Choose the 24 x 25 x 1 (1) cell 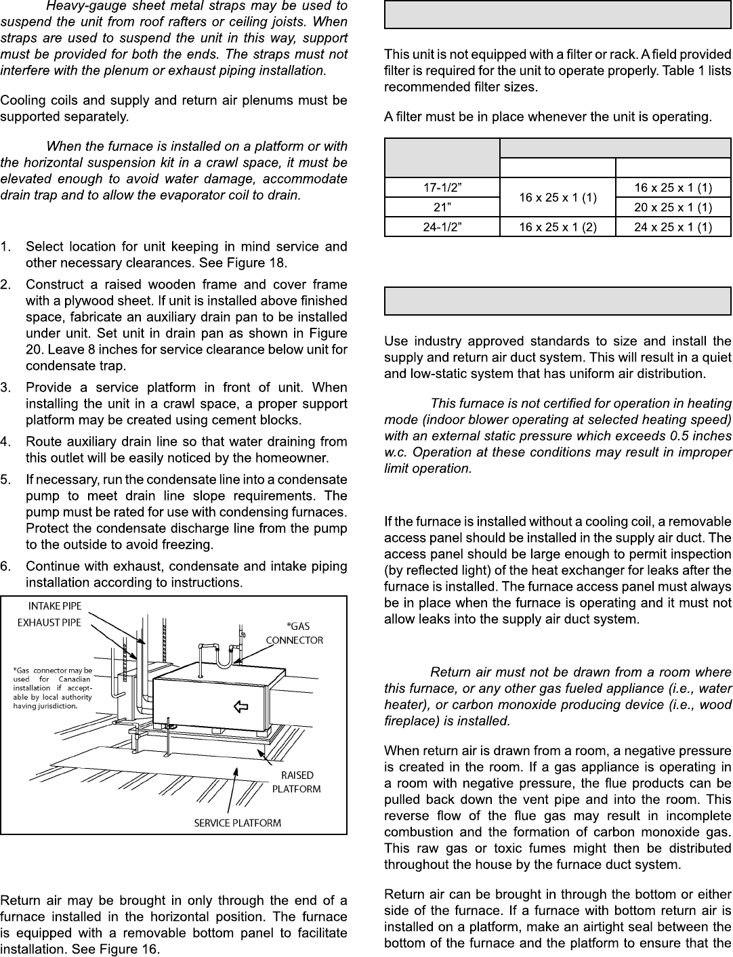pyautogui.click(x=673, y=227)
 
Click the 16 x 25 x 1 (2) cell pyautogui.click(x=558, y=227)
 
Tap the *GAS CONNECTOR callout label pyautogui.click(x=294, y=633)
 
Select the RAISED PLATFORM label pyautogui.click(x=296, y=782)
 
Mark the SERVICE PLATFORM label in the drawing pyautogui.click(x=237, y=823)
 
